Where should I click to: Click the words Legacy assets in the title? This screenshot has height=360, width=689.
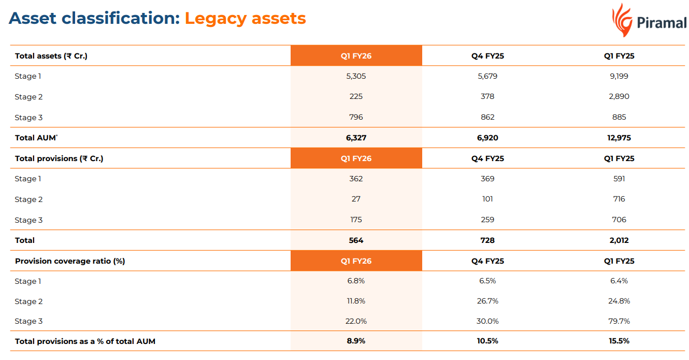coord(245,19)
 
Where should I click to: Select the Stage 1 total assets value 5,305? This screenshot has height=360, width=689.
coord(356,76)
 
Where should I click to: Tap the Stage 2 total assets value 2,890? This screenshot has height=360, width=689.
coord(619,96)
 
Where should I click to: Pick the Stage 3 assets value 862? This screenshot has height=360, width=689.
coord(487,117)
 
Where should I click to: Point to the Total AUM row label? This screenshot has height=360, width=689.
coord(35,138)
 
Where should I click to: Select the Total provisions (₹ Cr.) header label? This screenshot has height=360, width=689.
coord(59,159)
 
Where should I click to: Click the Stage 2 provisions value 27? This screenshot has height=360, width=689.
coord(356,199)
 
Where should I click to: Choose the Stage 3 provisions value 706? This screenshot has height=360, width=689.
coord(619,220)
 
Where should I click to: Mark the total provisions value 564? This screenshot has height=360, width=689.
coord(356,240)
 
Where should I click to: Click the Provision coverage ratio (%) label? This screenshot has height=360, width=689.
coord(70,261)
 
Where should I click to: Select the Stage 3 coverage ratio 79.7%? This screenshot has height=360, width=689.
coord(619,321)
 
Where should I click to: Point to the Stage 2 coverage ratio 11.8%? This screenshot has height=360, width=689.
coord(356,301)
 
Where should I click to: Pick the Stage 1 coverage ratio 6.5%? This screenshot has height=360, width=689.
coord(487,281)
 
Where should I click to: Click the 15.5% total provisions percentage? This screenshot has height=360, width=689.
coord(619,341)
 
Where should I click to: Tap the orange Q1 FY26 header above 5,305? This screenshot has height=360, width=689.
coord(356,56)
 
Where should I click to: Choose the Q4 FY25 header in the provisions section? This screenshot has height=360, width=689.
coord(487,159)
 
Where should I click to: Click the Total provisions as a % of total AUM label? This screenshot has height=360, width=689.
coord(85,341)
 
